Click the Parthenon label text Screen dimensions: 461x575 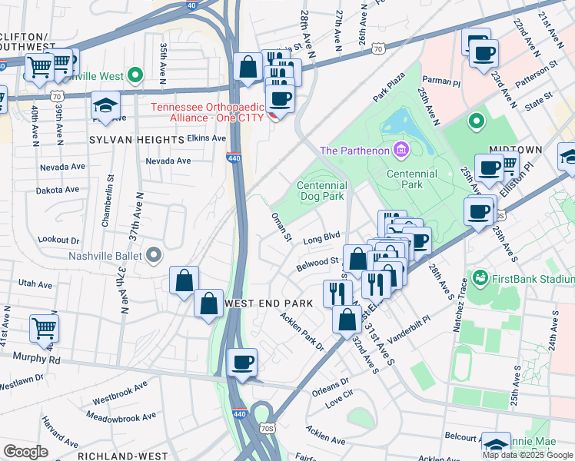tap(354, 150)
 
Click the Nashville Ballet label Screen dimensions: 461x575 tap(106, 256)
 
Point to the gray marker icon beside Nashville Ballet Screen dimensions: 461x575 tap(154, 254)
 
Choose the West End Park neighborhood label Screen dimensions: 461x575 tap(268, 303)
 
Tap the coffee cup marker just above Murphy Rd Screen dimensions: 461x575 tap(244, 363)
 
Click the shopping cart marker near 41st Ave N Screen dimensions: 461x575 tap(44, 328)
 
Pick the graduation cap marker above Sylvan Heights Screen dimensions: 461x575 tap(105, 106)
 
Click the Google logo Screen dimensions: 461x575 tap(25, 452)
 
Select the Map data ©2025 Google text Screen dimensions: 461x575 tap(527, 455)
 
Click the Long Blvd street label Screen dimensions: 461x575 tap(321, 239)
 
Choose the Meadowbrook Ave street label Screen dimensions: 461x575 tap(121, 416)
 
